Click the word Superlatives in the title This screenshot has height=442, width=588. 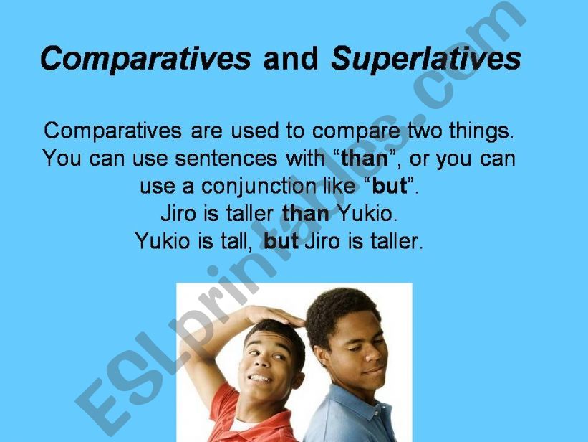(425, 59)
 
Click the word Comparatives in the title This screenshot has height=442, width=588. (145, 59)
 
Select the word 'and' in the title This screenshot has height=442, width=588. (290, 59)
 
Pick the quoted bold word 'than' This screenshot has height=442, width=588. (365, 159)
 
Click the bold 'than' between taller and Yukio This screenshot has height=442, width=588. (306, 214)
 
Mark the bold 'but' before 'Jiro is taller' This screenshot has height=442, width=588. (281, 241)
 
